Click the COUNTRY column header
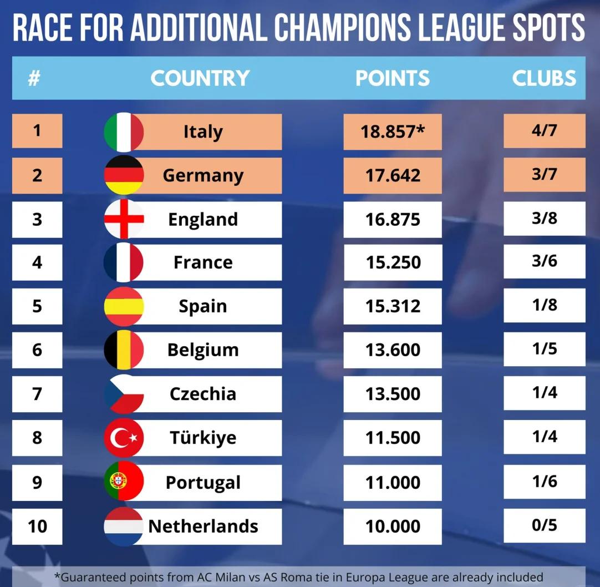pos(200,78)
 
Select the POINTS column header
pos(393,78)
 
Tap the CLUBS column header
pos(544,78)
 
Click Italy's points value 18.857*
pos(392,131)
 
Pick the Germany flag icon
pos(124,175)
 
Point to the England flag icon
pos(124,219)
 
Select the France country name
pos(203,262)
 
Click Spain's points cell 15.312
pos(393,306)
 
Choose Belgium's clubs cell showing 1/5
pos(544,349)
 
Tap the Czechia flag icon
pos(124,393)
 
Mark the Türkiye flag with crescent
pos(124,438)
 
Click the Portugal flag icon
pos(124,482)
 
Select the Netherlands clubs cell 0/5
pos(544,525)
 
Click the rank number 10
pos(37,525)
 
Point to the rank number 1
pos(37,131)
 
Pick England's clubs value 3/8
pos(544,218)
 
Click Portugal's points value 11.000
pos(393,482)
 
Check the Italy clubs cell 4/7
pos(544,131)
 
